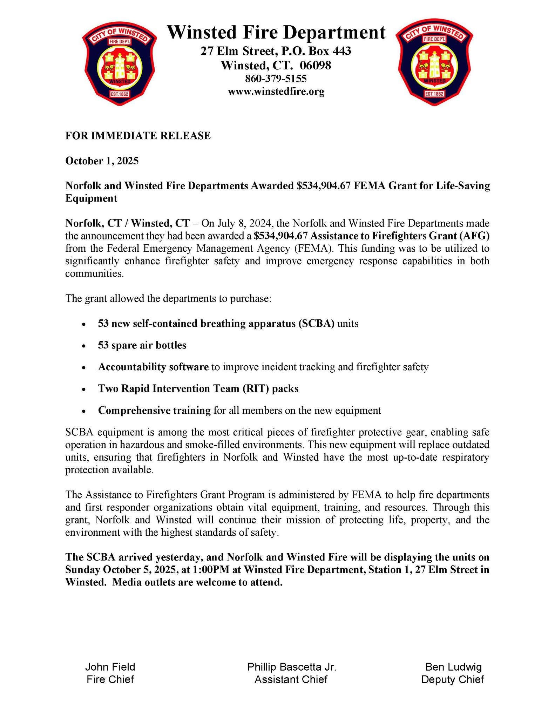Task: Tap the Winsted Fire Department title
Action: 276,33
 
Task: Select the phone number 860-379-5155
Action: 276,78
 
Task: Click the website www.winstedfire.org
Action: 276,92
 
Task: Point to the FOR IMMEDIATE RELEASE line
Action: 138,136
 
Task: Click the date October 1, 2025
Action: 102,161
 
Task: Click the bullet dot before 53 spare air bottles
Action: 83,346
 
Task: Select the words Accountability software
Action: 153,367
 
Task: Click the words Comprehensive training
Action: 154,410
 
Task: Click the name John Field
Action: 110,667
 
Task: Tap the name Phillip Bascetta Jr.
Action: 292,667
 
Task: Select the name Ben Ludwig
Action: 453,667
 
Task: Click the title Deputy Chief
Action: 452,679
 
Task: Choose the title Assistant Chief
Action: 291,679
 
